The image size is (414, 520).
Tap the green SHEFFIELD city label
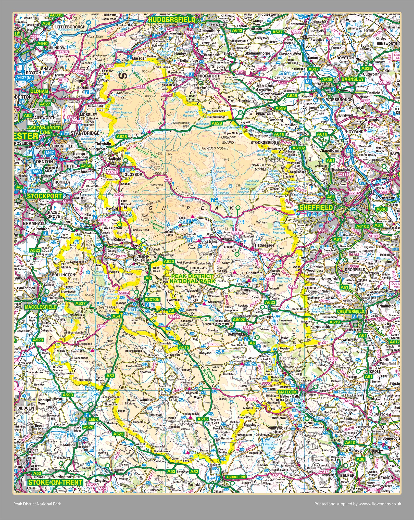pos(316,207)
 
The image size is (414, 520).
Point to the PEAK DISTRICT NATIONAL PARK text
pos(192,278)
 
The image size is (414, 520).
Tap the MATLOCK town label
pos(287,392)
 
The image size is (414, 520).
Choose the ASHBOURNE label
pos(236,477)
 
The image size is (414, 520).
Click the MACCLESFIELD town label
pos(41,307)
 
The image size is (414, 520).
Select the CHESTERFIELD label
pos(350,312)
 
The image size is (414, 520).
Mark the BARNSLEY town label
pos(352,79)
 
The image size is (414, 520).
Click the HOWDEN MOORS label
pos(215,148)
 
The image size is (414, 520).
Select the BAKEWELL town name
pos(236,334)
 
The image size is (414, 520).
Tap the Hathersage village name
pos(265,245)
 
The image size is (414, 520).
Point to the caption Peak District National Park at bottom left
pos(37,504)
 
